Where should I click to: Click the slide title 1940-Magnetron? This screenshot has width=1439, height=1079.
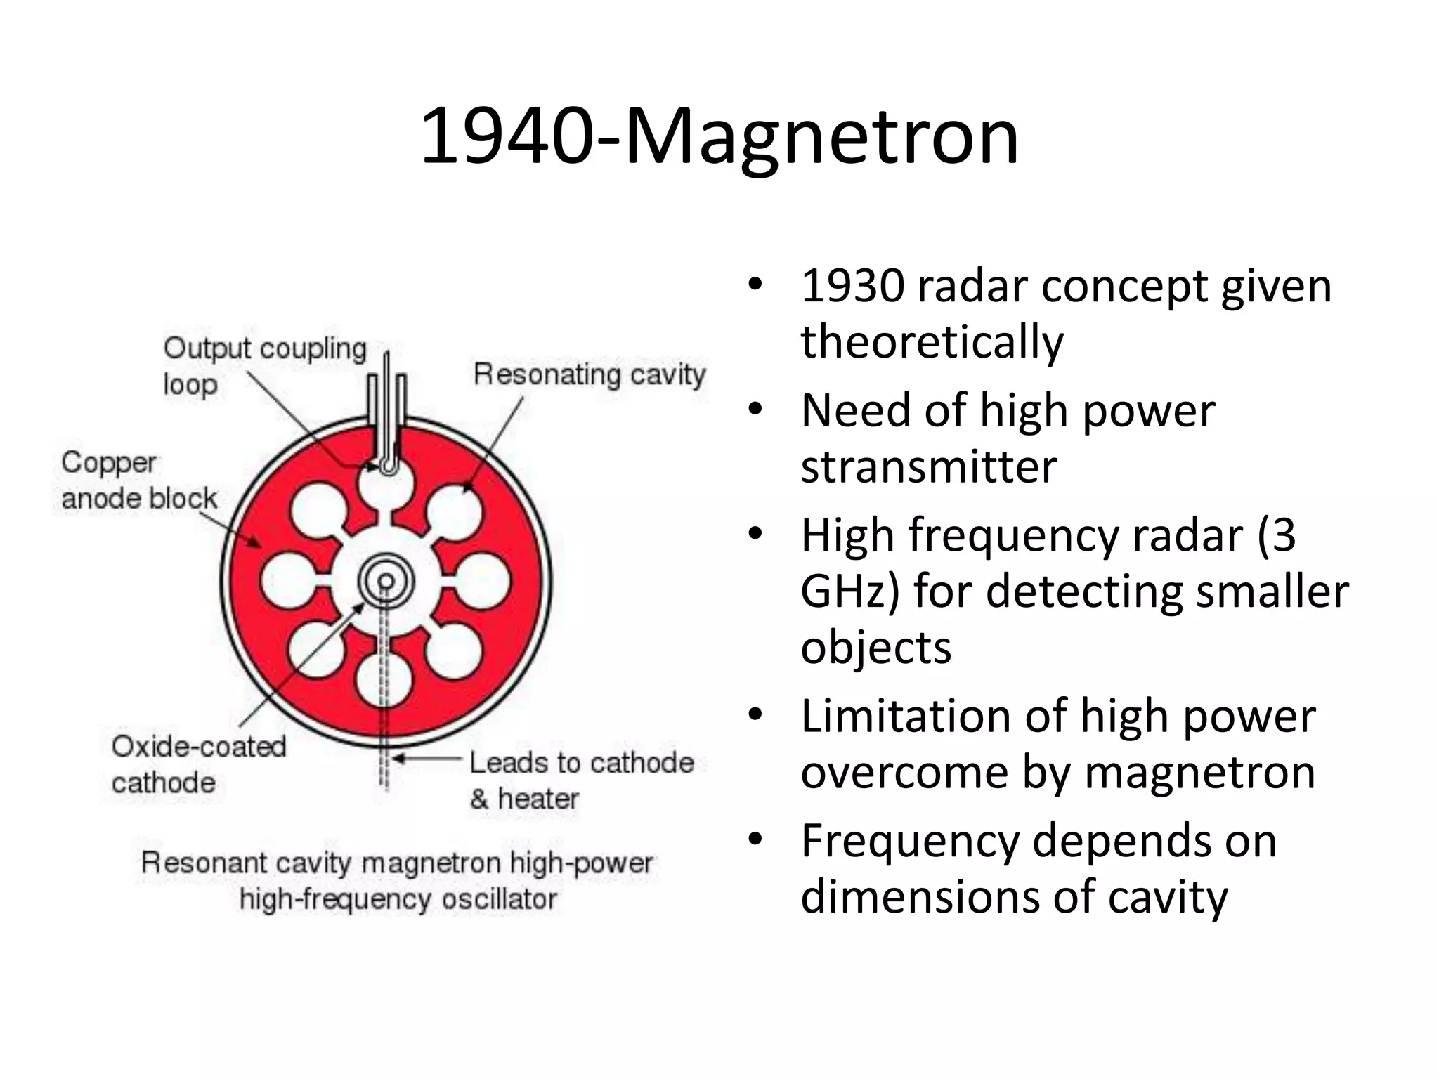[x=719, y=136]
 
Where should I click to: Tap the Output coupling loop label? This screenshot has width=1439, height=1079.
[x=265, y=365]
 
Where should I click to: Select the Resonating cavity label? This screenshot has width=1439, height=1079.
[x=589, y=374]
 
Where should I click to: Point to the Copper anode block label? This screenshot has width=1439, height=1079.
[x=139, y=480]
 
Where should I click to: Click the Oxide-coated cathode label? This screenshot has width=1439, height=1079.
[x=199, y=764]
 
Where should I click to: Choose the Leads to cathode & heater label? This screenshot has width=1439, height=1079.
[x=581, y=780]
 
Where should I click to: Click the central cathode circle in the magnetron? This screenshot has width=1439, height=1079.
[x=386, y=581]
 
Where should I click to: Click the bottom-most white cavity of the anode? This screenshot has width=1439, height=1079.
[x=384, y=679]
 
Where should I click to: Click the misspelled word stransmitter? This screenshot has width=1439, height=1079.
[x=928, y=466]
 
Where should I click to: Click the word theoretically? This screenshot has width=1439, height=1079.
[x=932, y=342]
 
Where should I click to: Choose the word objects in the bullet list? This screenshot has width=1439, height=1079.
[x=875, y=647]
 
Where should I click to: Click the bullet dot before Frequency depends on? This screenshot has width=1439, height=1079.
[x=755, y=839]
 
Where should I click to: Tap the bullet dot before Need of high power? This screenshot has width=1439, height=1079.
[x=755, y=409]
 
